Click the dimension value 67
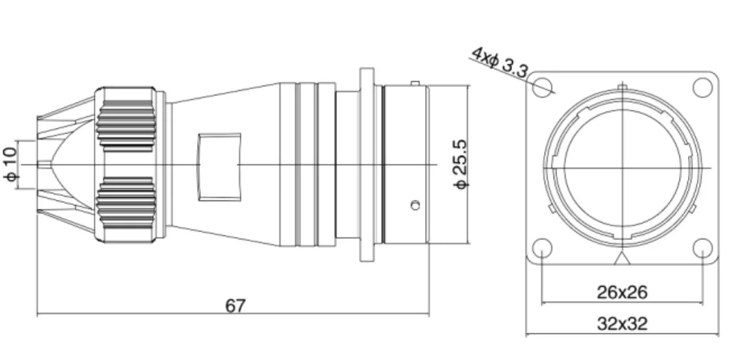coord(235,306)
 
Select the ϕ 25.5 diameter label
coord(461,164)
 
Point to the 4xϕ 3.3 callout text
coord(500,62)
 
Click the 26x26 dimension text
coord(622,293)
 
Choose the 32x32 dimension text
coord(622,324)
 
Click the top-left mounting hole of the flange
coord(542,88)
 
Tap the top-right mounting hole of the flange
coord(702,88)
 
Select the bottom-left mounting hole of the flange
coord(542,248)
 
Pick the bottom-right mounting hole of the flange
coord(702,248)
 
